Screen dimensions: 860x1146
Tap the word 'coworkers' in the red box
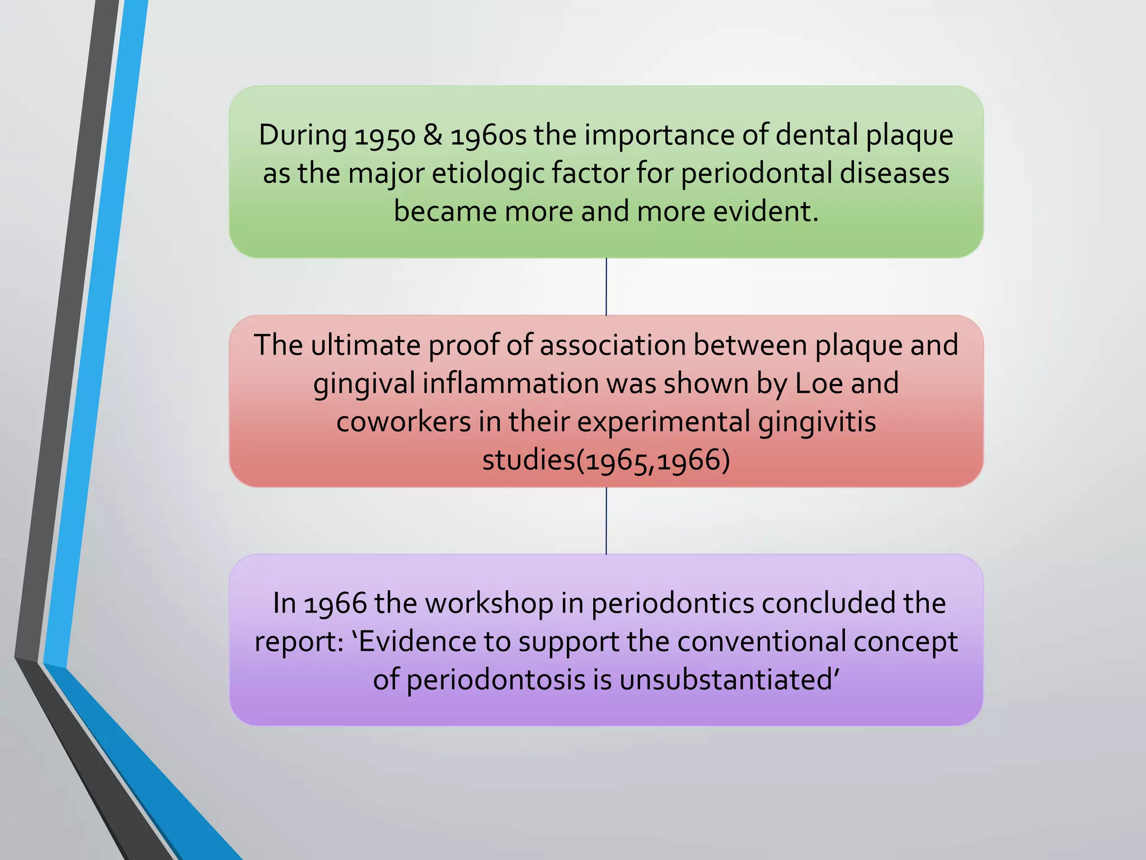click(403, 422)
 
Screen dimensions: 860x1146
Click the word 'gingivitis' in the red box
click(816, 423)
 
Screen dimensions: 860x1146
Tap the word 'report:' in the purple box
click(299, 642)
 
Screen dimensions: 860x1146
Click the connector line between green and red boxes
click(606, 287)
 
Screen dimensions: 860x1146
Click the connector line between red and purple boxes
click(606, 521)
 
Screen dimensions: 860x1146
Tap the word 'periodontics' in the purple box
click(672, 604)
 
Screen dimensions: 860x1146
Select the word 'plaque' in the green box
click(909, 136)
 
